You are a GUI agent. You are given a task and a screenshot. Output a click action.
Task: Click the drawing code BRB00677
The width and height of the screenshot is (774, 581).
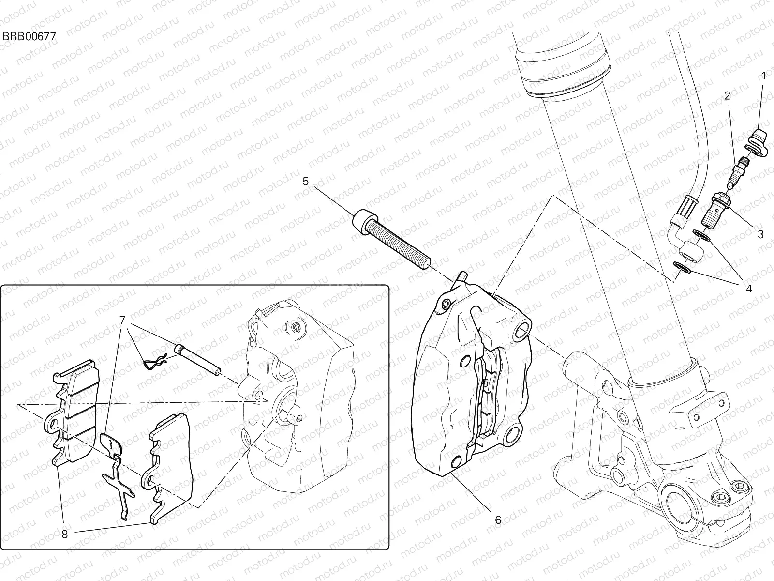pyautogui.click(x=30, y=36)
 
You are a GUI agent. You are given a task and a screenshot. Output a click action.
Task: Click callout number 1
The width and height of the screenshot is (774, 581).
pyautogui.click(x=763, y=76)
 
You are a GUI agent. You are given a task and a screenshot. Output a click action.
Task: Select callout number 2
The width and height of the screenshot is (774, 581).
pyautogui.click(x=727, y=96)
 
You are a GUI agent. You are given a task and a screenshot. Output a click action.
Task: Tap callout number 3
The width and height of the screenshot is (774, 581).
pyautogui.click(x=760, y=234)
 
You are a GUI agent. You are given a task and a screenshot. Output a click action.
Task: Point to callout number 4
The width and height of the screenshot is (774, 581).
pyautogui.click(x=748, y=289)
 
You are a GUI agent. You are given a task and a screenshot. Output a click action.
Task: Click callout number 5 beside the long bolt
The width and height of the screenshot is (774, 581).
pyautogui.click(x=305, y=182)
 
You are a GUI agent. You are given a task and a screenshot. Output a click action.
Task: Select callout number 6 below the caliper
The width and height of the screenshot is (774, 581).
pyautogui.click(x=498, y=520)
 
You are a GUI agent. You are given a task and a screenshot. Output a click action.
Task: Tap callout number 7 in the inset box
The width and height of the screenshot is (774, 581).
pyautogui.click(x=122, y=320)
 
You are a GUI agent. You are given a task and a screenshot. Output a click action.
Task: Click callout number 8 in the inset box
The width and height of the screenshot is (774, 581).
pyautogui.click(x=65, y=535)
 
